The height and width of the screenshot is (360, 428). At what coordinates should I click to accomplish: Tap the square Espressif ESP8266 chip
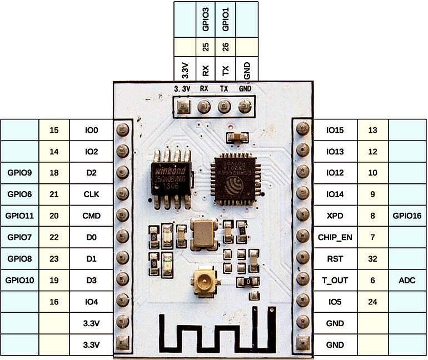pos(234,176)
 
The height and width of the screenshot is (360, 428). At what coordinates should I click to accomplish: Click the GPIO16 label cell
pos(407,216)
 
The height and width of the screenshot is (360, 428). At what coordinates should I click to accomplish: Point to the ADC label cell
pos(407,280)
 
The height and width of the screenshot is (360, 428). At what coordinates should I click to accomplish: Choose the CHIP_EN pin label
pos(335,237)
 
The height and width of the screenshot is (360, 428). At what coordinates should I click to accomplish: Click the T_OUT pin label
pos(335,280)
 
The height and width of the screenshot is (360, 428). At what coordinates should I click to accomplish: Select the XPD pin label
pos(335,216)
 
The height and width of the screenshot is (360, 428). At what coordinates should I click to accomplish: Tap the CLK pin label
pos(92,194)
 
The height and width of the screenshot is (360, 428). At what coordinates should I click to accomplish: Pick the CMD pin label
pos(92,216)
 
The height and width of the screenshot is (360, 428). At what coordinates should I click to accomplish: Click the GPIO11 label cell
pos(20,216)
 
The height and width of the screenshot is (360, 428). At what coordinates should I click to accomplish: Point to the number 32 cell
pos(373,259)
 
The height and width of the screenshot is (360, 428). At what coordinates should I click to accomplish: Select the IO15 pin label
pos(335,130)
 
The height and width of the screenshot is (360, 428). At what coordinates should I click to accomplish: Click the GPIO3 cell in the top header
pos(206,19)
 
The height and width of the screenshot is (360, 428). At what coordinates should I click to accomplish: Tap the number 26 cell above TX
pos(226,47)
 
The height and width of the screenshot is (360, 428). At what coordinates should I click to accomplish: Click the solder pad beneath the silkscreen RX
pos(204,106)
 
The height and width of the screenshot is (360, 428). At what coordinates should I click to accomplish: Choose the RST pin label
pos(335,259)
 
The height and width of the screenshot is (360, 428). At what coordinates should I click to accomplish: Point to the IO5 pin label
pos(335,302)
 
